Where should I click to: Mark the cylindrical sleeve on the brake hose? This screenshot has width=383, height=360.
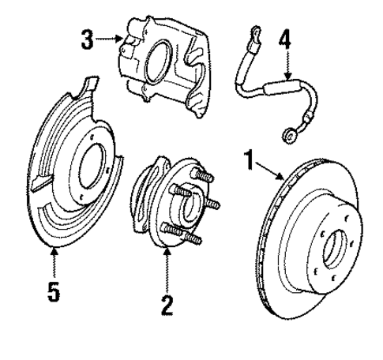[x=278, y=81]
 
